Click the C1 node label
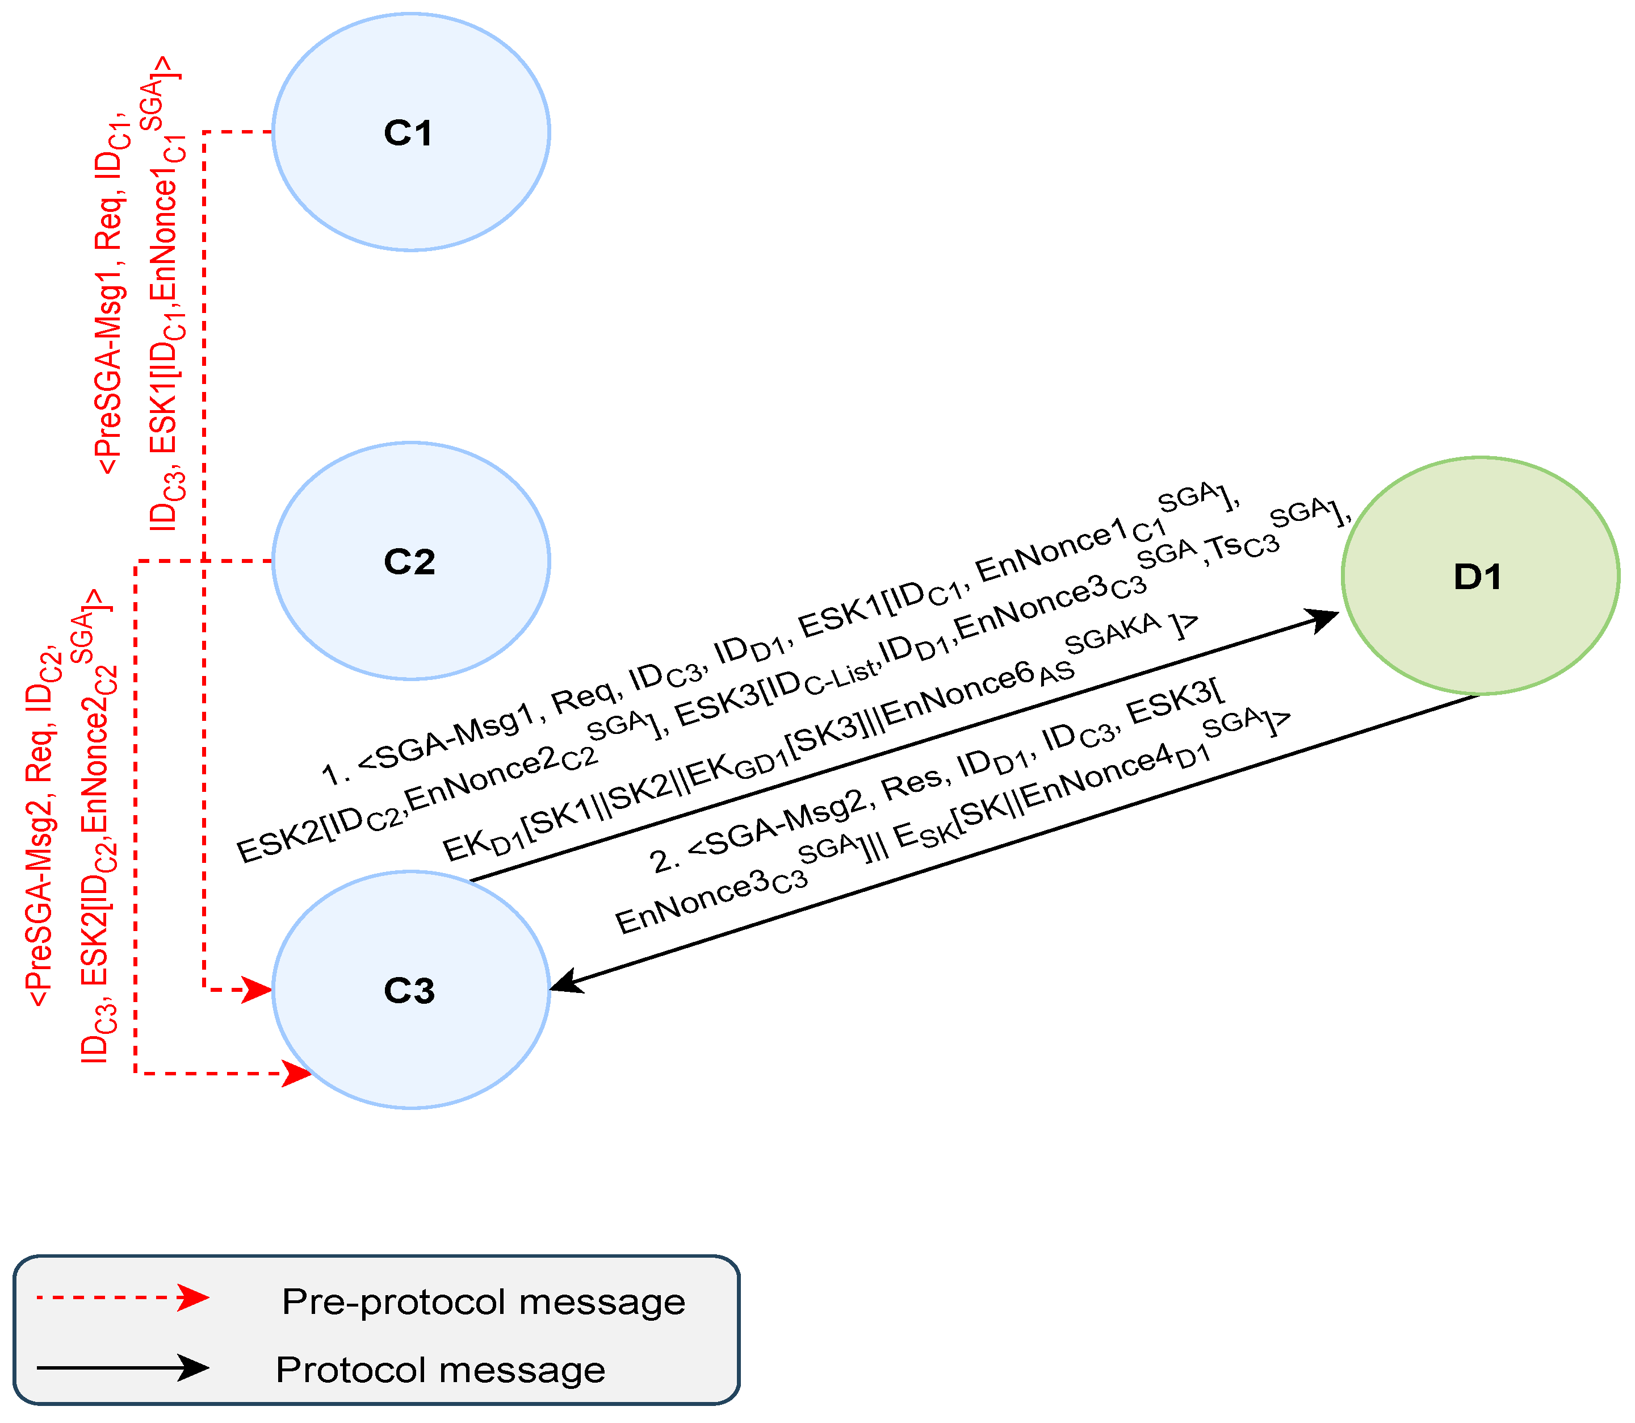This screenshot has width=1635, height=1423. coord(408,132)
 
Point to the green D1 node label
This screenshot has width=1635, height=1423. coord(1477,577)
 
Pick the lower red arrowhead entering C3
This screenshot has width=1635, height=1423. coord(297,1074)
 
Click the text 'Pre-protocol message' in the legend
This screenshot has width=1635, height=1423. coord(483,1301)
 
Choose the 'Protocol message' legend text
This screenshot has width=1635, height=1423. coord(441,1370)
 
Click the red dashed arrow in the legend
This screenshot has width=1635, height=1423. coord(123,1297)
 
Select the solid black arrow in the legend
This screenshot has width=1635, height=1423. coord(123,1367)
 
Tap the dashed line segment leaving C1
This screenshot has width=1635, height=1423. coord(238,132)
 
